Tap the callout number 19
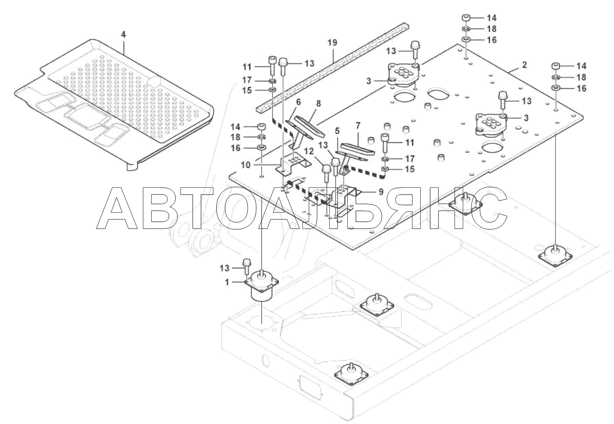click(x=332, y=43)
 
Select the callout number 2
click(x=524, y=65)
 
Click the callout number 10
click(x=245, y=165)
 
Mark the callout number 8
click(x=318, y=103)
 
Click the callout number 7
click(x=358, y=124)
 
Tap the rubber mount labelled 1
click(x=262, y=287)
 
